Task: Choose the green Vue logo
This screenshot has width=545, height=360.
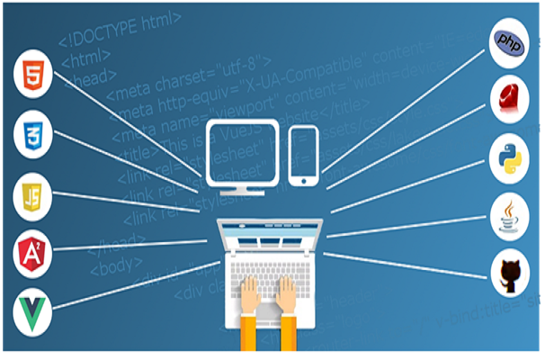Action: [x=34, y=311]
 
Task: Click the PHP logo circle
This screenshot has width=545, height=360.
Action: [x=510, y=43]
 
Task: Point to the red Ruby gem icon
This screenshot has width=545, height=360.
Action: [x=509, y=100]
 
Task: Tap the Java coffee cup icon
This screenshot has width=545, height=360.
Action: [x=509, y=217]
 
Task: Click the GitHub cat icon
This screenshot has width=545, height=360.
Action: [x=510, y=274]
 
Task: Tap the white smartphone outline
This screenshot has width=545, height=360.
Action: [x=303, y=155]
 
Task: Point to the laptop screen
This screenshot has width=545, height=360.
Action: [x=272, y=237]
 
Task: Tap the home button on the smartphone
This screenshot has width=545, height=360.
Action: [x=303, y=180]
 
